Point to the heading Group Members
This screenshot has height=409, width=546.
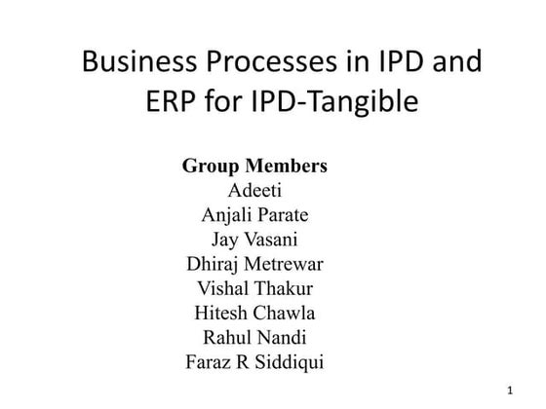[254, 166]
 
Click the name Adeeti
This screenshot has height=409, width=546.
[254, 190]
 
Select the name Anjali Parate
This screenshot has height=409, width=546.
[254, 214]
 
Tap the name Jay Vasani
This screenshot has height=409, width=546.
[254, 239]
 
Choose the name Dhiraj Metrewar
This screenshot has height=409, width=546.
[254, 264]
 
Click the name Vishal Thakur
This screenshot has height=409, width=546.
[254, 288]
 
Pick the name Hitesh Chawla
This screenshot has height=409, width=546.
[254, 314]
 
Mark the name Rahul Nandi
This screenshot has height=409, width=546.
[254, 338]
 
